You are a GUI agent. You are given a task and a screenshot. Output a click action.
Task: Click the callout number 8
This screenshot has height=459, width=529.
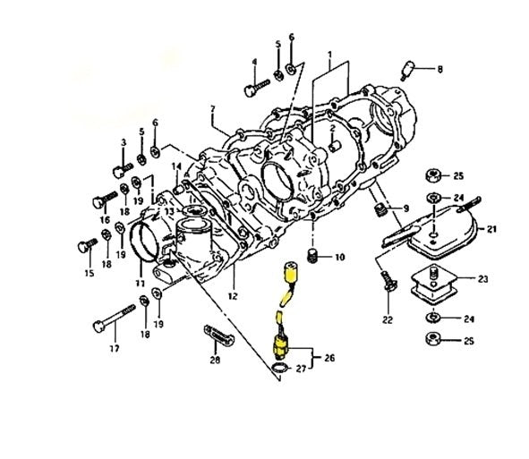click(439, 70)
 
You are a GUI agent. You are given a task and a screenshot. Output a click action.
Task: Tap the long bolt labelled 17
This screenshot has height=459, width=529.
click(114, 316)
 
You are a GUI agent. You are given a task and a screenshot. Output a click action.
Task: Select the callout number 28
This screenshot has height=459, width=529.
click(215, 361)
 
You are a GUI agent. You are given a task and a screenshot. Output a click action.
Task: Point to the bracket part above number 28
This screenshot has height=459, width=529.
click(219, 335)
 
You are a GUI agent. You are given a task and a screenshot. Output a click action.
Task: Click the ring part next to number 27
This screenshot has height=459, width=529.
click(279, 368)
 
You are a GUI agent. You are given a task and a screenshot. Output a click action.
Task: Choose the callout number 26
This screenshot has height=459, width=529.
click(329, 358)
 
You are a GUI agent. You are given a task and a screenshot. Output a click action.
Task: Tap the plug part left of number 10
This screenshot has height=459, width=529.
click(312, 256)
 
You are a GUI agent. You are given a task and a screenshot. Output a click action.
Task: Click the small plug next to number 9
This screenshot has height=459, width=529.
click(380, 209)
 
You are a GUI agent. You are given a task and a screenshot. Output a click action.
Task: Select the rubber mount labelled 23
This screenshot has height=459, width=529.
click(434, 285)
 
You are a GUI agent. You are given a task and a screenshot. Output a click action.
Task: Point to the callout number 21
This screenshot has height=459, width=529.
click(491, 229)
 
